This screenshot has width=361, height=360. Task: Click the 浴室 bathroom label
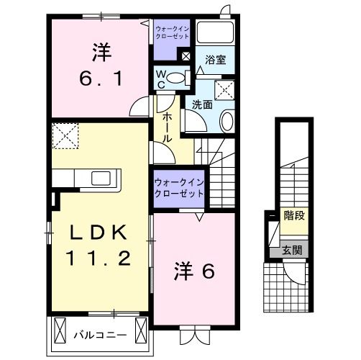coord(215,60)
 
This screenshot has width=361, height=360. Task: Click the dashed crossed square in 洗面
coord(227,89)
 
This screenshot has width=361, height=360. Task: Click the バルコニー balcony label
coord(101,335)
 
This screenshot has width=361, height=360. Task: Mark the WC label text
coord(161,79)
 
